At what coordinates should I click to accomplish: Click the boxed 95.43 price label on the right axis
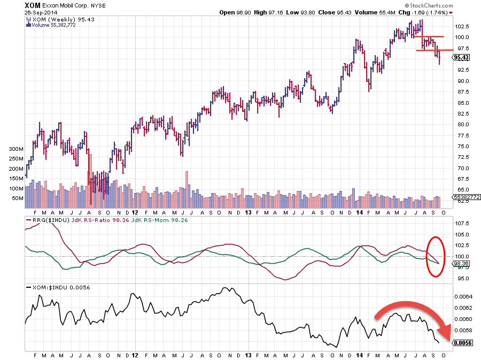point(461,57)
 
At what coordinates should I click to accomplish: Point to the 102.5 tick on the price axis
point(461,26)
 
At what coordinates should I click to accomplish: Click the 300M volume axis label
point(16,149)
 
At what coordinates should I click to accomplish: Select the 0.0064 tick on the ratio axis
point(463,296)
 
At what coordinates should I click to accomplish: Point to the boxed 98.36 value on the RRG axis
point(461,263)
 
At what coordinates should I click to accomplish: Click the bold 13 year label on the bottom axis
point(248,355)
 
